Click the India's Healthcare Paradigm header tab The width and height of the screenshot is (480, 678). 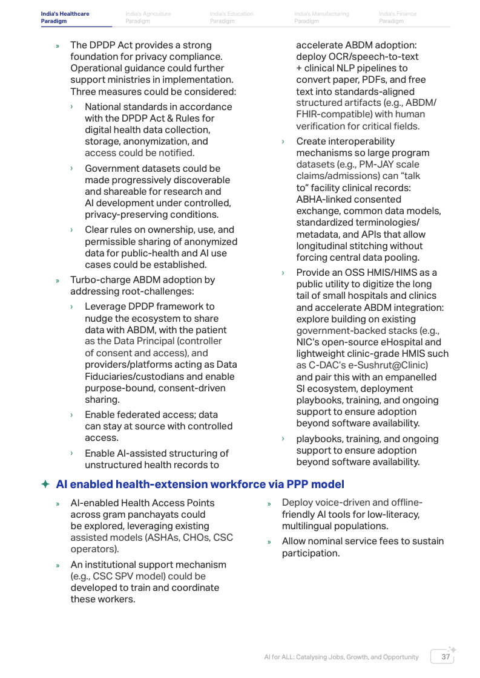coord(65,18)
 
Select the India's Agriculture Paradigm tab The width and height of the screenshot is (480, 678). coord(148,18)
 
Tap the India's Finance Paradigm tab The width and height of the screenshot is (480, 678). coord(398,18)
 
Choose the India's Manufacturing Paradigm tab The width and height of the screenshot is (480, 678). coord(321,18)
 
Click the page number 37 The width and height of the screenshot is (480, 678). coord(445,657)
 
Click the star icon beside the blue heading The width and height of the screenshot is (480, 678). coord(45,484)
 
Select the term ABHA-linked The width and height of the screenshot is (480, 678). coord(323,200)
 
